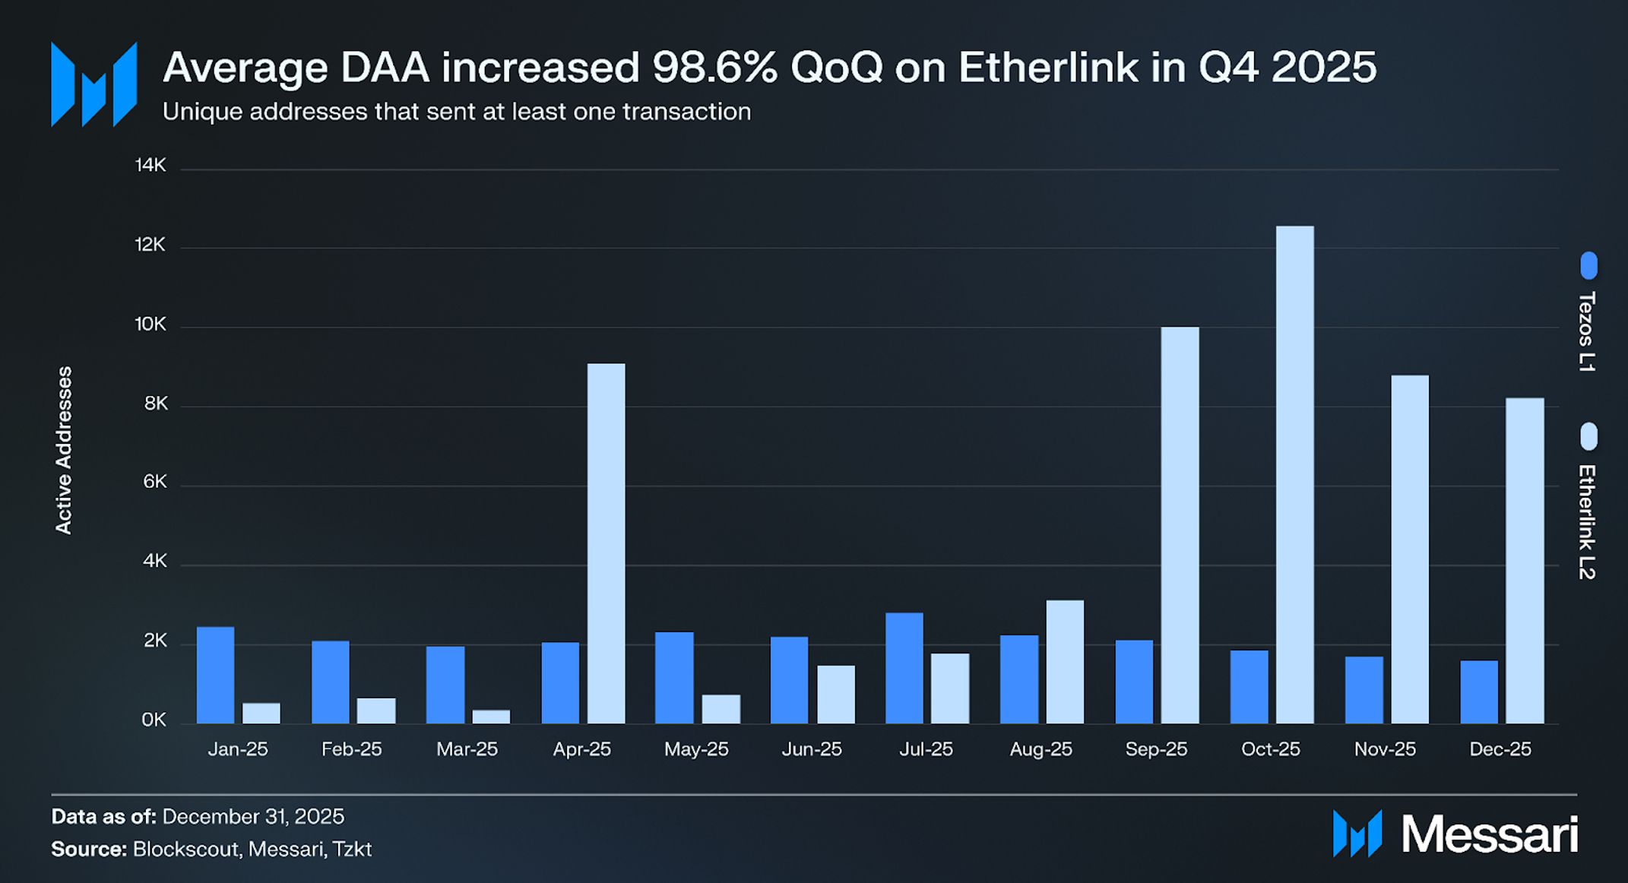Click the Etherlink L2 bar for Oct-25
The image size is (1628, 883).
(1294, 474)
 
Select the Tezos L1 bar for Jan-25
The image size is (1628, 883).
(215, 675)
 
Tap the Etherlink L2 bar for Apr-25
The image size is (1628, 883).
(606, 543)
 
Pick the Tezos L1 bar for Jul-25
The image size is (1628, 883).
(904, 668)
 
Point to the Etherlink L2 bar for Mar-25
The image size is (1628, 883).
(491, 717)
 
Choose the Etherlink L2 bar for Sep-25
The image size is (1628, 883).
(1180, 525)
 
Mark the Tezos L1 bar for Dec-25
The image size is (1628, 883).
(1478, 692)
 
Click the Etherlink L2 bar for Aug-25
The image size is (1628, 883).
(1064, 662)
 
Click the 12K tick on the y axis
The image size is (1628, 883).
(150, 245)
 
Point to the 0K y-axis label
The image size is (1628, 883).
(153, 720)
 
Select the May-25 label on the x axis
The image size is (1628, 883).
(696, 749)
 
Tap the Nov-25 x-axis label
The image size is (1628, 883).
(1385, 749)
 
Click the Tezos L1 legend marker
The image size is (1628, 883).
(1588, 266)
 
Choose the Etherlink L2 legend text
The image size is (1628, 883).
(1586, 522)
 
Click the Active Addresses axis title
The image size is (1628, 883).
(64, 450)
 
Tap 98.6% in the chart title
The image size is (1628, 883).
(714, 68)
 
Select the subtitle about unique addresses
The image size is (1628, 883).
(456, 112)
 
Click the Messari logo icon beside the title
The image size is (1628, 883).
(93, 84)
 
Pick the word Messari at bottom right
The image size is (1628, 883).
(1489, 834)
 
